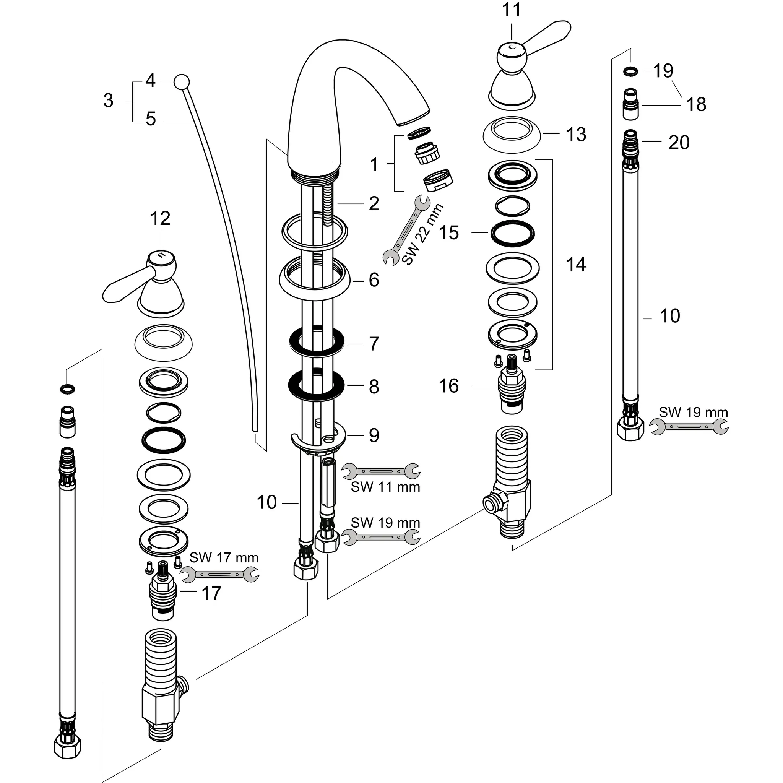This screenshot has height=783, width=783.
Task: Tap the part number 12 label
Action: coord(160,219)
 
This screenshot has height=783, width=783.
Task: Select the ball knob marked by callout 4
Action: coord(181,81)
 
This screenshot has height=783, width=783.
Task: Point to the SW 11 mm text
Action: coord(385,487)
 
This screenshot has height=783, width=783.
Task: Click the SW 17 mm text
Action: coord(224,558)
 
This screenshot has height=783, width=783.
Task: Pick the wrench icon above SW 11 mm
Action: coord(380,471)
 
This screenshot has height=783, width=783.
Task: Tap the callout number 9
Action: coord(374,435)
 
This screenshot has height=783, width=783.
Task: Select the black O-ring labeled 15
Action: coord(512,234)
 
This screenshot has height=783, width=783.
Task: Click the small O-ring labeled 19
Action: coord(630,71)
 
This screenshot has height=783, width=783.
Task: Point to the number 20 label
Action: coord(679,143)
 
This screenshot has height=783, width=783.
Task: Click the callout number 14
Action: coord(576,264)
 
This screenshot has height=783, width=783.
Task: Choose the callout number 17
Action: coord(211,594)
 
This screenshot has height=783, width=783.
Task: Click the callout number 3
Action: coord(108,101)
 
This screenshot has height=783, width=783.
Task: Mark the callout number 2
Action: coord(374,203)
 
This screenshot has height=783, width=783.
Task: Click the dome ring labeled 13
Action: coord(512,135)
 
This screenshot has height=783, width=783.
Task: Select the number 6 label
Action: coord(374,280)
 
